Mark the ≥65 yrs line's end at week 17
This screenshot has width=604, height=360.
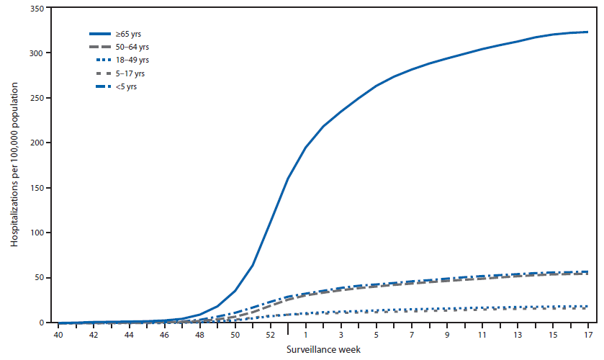click(x=588, y=32)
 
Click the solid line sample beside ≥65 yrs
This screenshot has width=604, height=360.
click(x=104, y=34)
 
